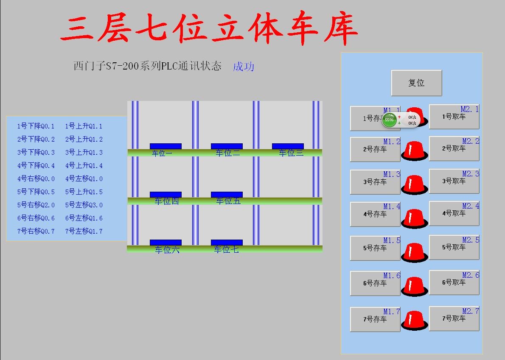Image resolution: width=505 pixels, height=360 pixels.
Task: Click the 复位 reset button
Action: tap(416, 83)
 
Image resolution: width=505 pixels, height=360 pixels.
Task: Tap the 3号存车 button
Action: tap(375, 182)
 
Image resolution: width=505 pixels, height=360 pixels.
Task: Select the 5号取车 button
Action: tap(454, 247)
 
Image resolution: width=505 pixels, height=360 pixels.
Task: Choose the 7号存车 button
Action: tap(375, 320)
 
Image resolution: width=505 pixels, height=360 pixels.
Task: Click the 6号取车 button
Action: tap(454, 282)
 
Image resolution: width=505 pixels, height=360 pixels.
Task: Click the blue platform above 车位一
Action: tap(166, 146)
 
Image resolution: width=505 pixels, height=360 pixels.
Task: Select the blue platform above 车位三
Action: tap(288, 146)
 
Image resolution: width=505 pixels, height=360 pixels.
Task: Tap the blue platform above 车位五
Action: tap(227, 195)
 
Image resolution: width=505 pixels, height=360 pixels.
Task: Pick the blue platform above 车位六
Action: tap(166, 243)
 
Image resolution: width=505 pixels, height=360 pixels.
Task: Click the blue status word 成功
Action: tap(244, 67)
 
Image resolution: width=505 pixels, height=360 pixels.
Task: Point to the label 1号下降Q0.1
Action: tap(36, 126)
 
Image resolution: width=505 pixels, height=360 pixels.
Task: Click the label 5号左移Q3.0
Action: tap(84, 205)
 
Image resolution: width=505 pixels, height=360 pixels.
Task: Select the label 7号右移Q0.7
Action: tap(36, 232)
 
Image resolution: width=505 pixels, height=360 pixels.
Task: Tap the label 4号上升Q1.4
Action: tap(84, 166)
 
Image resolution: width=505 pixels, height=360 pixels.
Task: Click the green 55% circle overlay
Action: tap(389, 120)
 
